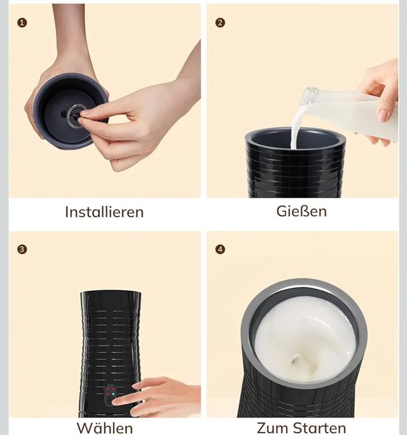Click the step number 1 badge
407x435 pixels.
click(22, 22)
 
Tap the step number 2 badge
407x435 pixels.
click(220, 22)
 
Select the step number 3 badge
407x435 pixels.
click(22, 249)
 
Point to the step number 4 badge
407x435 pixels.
click(220, 249)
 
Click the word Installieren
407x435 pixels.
click(104, 212)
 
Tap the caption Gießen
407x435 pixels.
click(302, 211)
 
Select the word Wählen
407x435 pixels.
click(104, 428)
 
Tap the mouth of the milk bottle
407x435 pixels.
click(308, 96)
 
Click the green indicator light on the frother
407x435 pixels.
click(113, 394)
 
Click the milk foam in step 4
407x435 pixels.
click(305, 342)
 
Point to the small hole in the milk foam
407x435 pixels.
click(293, 360)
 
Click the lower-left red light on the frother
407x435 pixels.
click(107, 394)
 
